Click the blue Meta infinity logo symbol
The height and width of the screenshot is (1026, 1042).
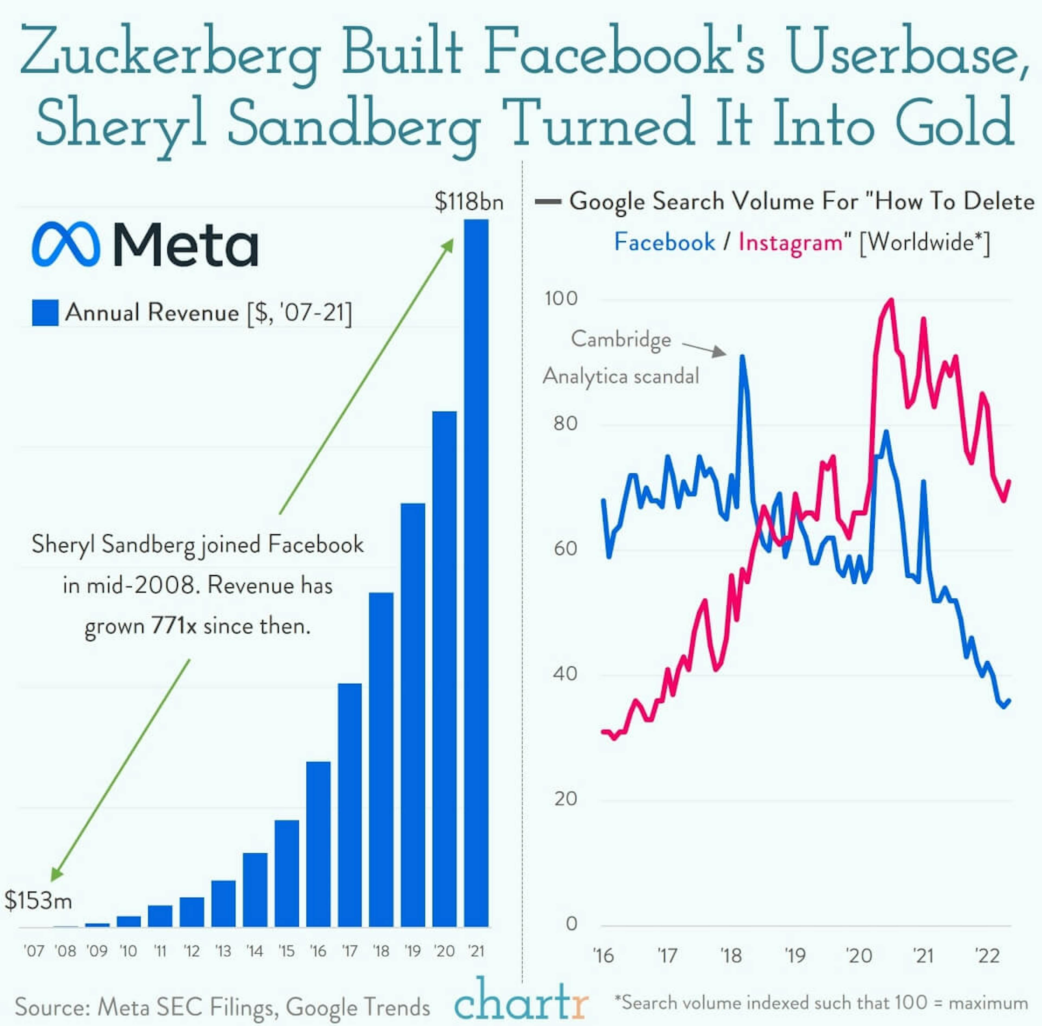66,244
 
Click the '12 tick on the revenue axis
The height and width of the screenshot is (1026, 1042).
191,951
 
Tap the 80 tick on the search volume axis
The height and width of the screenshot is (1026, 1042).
565,423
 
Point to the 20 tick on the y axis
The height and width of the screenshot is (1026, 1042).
565,799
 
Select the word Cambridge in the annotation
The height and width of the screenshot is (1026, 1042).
621,339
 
